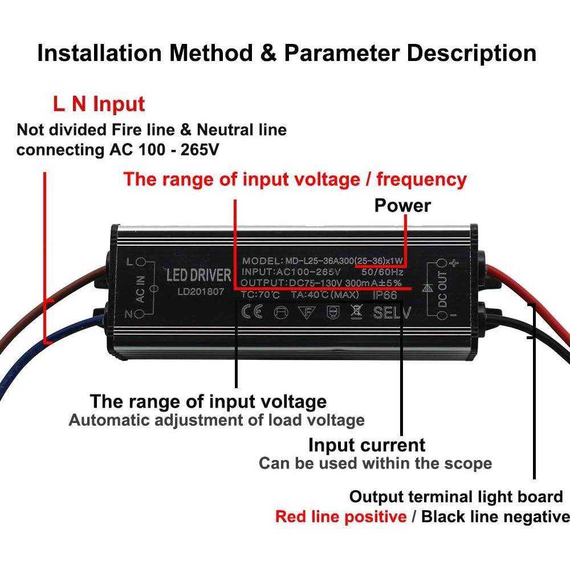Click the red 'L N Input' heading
coord(99,104)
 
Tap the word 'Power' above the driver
coord(402,205)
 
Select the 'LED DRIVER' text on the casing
coord(198,275)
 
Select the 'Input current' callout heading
coord(367,445)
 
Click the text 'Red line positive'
coord(341,517)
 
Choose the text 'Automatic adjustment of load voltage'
coord(217,421)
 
